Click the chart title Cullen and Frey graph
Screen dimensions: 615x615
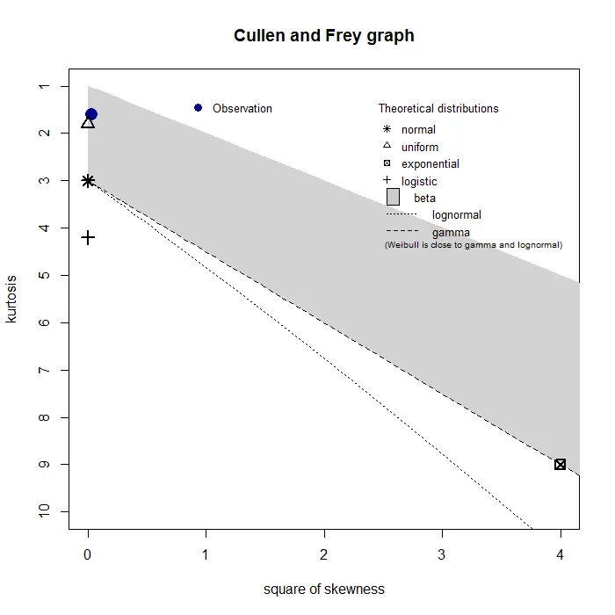pos(323,36)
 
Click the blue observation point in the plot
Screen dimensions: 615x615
pos(90,114)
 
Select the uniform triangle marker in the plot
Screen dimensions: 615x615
pos(88,122)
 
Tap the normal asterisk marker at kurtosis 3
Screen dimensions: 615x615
pos(88,181)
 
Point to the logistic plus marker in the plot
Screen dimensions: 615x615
pos(88,237)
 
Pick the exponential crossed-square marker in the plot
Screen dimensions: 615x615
pos(561,464)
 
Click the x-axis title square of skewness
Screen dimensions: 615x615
pos(323,589)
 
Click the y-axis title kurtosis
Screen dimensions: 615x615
pos(11,299)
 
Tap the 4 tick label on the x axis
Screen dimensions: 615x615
pos(561,555)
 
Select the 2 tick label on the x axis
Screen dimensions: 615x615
pos(324,555)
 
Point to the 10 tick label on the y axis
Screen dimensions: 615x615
pos(42,511)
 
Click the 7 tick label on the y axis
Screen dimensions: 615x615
pos(42,370)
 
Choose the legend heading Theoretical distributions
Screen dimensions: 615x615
pos(438,109)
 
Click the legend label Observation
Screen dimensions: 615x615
pos(242,109)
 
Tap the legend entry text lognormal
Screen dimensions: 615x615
pos(457,215)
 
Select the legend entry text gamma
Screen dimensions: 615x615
pos(451,233)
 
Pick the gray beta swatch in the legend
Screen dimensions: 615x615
pos(393,198)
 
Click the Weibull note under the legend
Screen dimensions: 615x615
pos(473,245)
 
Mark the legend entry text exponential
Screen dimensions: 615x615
pos(430,164)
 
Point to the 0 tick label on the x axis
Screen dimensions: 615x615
pos(88,555)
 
